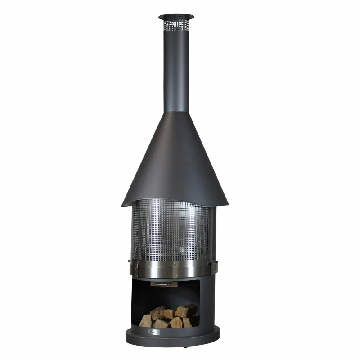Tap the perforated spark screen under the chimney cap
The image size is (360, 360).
tap(176, 23)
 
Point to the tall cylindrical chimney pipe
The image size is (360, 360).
tap(176, 67)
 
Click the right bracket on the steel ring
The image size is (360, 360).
tap(216, 268)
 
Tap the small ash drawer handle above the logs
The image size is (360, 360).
tap(160, 284)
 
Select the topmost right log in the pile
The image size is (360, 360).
tap(187, 310)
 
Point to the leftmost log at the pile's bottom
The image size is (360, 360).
tap(146, 321)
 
